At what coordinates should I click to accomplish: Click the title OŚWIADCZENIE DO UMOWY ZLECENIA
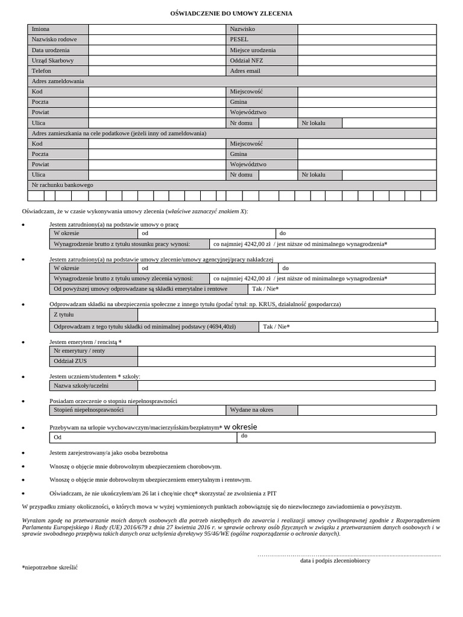click(231, 13)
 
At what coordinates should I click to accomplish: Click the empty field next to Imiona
click(157, 29)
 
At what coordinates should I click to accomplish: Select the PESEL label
click(239, 39)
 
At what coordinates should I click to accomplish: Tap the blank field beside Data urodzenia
click(157, 50)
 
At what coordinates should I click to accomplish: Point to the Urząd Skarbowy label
click(53, 60)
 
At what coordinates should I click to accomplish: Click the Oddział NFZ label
click(247, 60)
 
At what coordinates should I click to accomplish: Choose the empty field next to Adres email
click(367, 70)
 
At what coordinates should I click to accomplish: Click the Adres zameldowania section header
click(58, 81)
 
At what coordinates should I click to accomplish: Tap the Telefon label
click(42, 70)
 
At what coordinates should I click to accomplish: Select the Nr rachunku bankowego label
click(63, 185)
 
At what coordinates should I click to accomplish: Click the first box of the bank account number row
click(36, 196)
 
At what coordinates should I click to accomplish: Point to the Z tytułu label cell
click(63, 315)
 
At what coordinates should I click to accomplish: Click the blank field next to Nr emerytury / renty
click(286, 351)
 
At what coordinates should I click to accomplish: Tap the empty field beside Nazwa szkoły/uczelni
click(286, 386)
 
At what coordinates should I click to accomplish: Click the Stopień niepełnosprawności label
click(89, 410)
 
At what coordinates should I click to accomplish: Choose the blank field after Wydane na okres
click(367, 410)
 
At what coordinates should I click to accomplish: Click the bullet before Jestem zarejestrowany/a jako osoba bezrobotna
click(23, 453)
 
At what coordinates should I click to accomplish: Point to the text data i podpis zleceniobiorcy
click(335, 560)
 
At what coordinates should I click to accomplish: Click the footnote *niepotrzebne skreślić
click(50, 568)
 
